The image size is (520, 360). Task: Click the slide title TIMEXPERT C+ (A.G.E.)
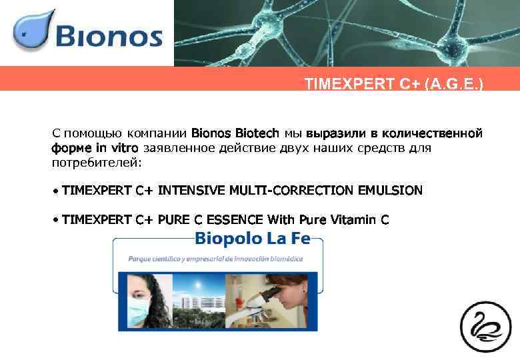tap(394, 84)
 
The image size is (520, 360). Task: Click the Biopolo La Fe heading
tap(258, 239)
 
